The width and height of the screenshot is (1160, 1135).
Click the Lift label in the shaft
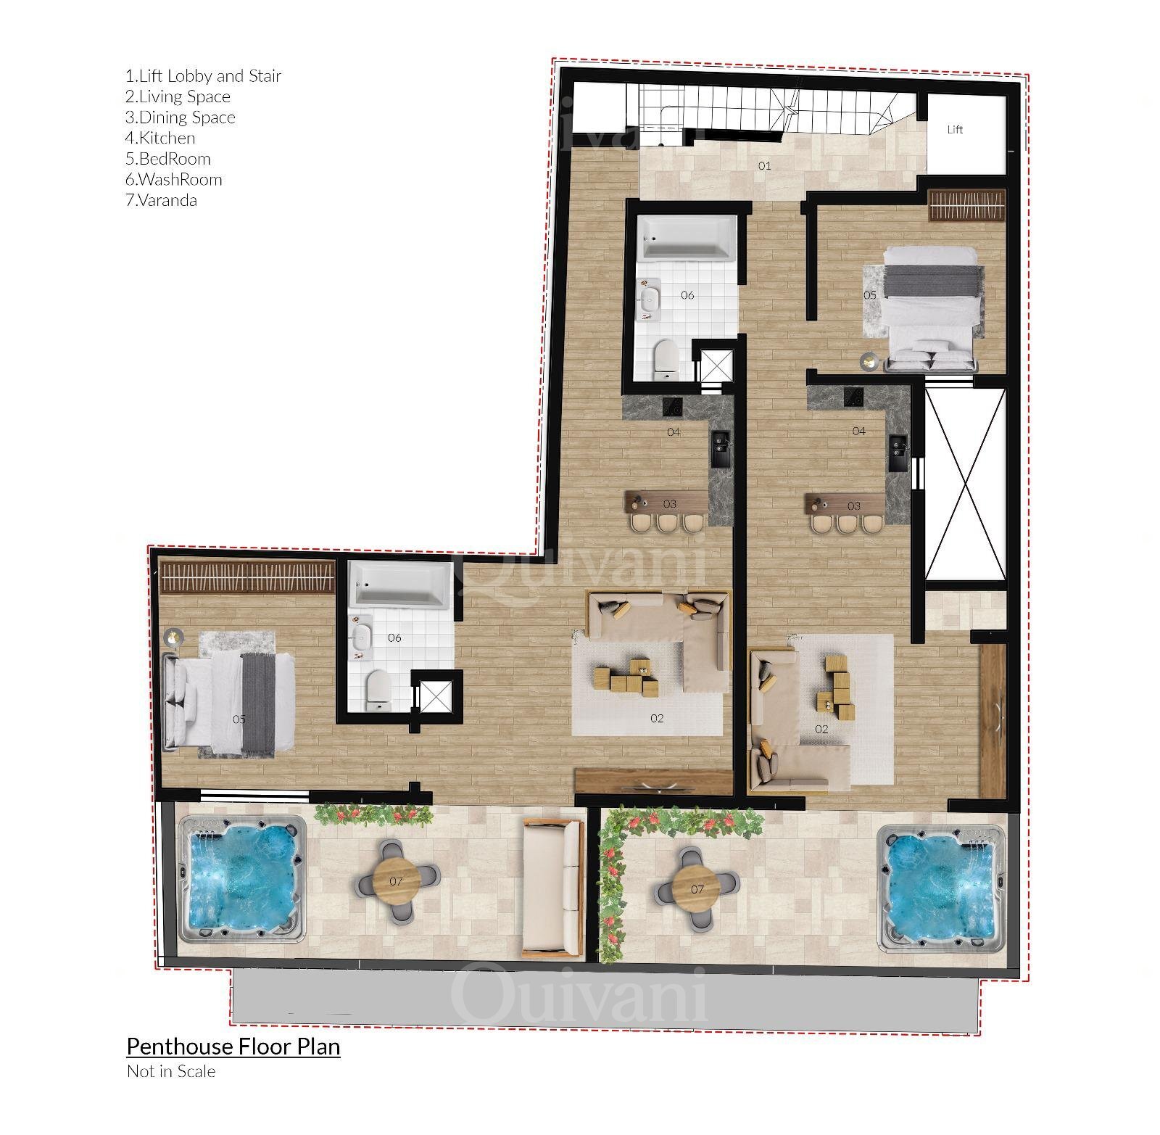pos(955,130)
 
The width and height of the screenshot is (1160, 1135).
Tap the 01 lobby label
pos(764,166)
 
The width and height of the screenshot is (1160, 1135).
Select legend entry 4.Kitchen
pos(160,138)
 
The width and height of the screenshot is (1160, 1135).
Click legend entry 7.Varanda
pos(161,200)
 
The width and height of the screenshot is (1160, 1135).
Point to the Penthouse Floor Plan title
pos(233,1047)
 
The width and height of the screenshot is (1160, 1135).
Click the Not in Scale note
pos(171,1071)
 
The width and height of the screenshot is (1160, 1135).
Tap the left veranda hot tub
pos(242,878)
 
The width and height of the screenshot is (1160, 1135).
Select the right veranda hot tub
pos(941,888)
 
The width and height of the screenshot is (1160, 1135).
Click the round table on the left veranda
pos(396,881)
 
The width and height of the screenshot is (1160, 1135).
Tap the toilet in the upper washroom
pos(666,359)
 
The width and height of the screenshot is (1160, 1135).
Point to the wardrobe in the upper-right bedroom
pos(968,205)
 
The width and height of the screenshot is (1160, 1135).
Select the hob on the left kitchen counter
pos(674,407)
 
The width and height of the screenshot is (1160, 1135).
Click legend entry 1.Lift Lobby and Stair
pos(204,76)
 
